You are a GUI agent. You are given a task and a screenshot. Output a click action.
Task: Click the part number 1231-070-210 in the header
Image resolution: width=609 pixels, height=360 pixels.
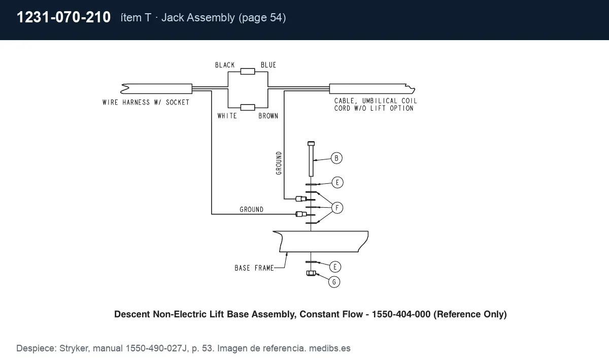tap(63, 17)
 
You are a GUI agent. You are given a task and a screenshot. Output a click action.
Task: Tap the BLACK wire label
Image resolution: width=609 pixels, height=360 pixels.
tap(225, 65)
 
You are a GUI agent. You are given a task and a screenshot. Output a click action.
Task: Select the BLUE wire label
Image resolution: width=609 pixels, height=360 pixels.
tap(268, 65)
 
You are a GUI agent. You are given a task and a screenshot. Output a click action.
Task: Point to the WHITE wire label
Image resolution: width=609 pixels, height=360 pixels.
tap(227, 116)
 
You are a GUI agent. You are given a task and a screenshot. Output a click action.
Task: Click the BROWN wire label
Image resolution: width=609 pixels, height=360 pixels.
tap(268, 116)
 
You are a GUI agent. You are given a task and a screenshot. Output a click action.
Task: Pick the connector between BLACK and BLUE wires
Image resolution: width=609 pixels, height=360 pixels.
tap(248, 72)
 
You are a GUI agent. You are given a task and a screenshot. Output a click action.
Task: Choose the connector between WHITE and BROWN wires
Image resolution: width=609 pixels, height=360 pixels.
tap(248, 108)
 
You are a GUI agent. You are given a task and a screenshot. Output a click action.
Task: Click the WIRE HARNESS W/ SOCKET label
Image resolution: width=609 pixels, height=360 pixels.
tap(146, 102)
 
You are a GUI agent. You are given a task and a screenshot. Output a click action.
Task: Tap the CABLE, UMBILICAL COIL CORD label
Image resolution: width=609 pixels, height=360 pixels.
tap(376, 105)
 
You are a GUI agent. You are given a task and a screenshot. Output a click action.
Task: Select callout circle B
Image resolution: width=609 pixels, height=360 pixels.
tap(336, 158)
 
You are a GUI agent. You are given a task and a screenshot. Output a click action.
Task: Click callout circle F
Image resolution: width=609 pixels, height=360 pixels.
tap(337, 208)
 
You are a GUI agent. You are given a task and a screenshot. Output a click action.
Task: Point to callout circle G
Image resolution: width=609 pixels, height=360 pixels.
tap(334, 282)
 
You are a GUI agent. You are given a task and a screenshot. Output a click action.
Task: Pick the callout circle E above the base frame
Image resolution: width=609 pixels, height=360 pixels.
tap(337, 182)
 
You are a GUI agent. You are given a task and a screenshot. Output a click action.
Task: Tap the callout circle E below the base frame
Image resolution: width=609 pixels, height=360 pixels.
tap(335, 267)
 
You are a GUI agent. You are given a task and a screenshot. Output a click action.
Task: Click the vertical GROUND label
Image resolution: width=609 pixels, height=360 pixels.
tap(279, 163)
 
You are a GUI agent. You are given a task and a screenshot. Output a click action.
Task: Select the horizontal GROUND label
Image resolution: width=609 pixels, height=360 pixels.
tap(252, 210)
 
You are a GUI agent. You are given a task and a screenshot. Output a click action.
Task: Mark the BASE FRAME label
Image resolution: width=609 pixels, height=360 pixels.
tap(254, 268)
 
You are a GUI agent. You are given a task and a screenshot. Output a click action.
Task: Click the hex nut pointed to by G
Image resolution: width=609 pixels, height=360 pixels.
tap(311, 273)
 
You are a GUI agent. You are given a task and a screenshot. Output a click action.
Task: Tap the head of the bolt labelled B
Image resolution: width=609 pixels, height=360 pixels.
tap(311, 143)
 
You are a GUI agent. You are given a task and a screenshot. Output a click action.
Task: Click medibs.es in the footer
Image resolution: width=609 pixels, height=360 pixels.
tap(329, 348)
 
